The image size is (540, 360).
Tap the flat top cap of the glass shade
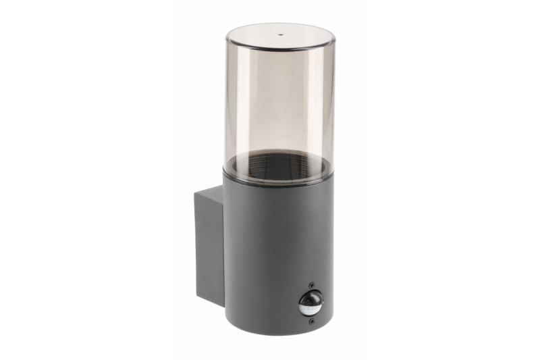279,36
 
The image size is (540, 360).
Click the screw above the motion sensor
310,285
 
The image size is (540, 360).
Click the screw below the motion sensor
310,322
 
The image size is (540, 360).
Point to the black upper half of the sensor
310,298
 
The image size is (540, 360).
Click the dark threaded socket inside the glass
279,165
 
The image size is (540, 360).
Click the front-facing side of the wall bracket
209,250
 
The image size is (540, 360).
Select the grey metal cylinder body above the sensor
277,230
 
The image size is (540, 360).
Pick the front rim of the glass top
279,49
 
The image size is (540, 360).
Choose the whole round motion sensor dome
310,303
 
